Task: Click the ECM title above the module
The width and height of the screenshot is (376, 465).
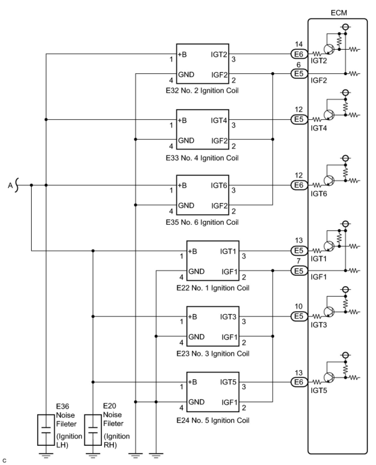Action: pos(339,13)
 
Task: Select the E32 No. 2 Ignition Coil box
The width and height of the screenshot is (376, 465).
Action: pos(203,64)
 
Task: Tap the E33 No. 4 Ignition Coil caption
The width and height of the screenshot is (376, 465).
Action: pos(202,158)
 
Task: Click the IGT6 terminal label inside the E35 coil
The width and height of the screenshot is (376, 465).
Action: pos(219,185)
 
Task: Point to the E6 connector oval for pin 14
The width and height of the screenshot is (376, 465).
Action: pos(299,54)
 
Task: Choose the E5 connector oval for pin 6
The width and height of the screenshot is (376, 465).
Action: pos(299,74)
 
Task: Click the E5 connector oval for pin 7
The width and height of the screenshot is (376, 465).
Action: pos(299,271)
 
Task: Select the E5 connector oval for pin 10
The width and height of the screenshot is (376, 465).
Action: pos(299,316)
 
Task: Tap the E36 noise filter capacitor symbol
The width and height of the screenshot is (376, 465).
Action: pos(46,430)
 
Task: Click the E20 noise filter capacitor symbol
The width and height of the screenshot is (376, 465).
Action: pos(93,430)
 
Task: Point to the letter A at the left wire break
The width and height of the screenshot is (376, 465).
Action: pos(10,185)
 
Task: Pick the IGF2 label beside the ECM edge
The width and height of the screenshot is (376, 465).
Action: pos(319,80)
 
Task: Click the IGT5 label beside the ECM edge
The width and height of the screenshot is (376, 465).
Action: pos(319,390)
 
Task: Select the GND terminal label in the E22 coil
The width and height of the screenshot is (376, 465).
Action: pos(196,271)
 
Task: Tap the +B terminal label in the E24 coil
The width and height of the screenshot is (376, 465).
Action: pos(193,382)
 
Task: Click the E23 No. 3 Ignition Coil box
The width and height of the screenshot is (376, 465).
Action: pos(213,326)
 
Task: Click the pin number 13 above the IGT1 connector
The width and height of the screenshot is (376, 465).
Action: pos(299,241)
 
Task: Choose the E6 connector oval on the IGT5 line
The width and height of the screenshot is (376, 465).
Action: pos(299,382)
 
